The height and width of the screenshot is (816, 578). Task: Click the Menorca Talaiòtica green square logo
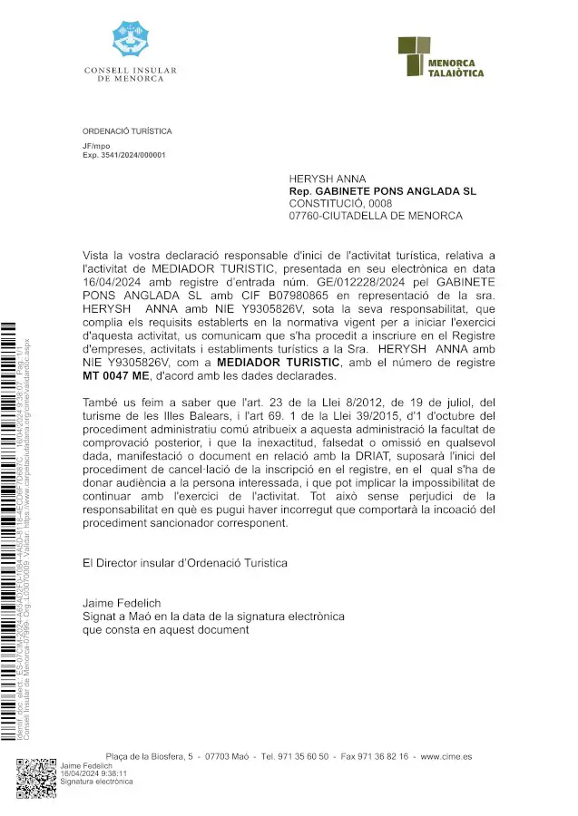point(414,55)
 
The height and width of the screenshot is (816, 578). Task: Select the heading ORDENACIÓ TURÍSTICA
point(126,131)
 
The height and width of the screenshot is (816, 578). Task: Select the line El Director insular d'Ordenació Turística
point(184,562)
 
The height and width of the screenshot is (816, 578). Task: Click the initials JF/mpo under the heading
point(96,145)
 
